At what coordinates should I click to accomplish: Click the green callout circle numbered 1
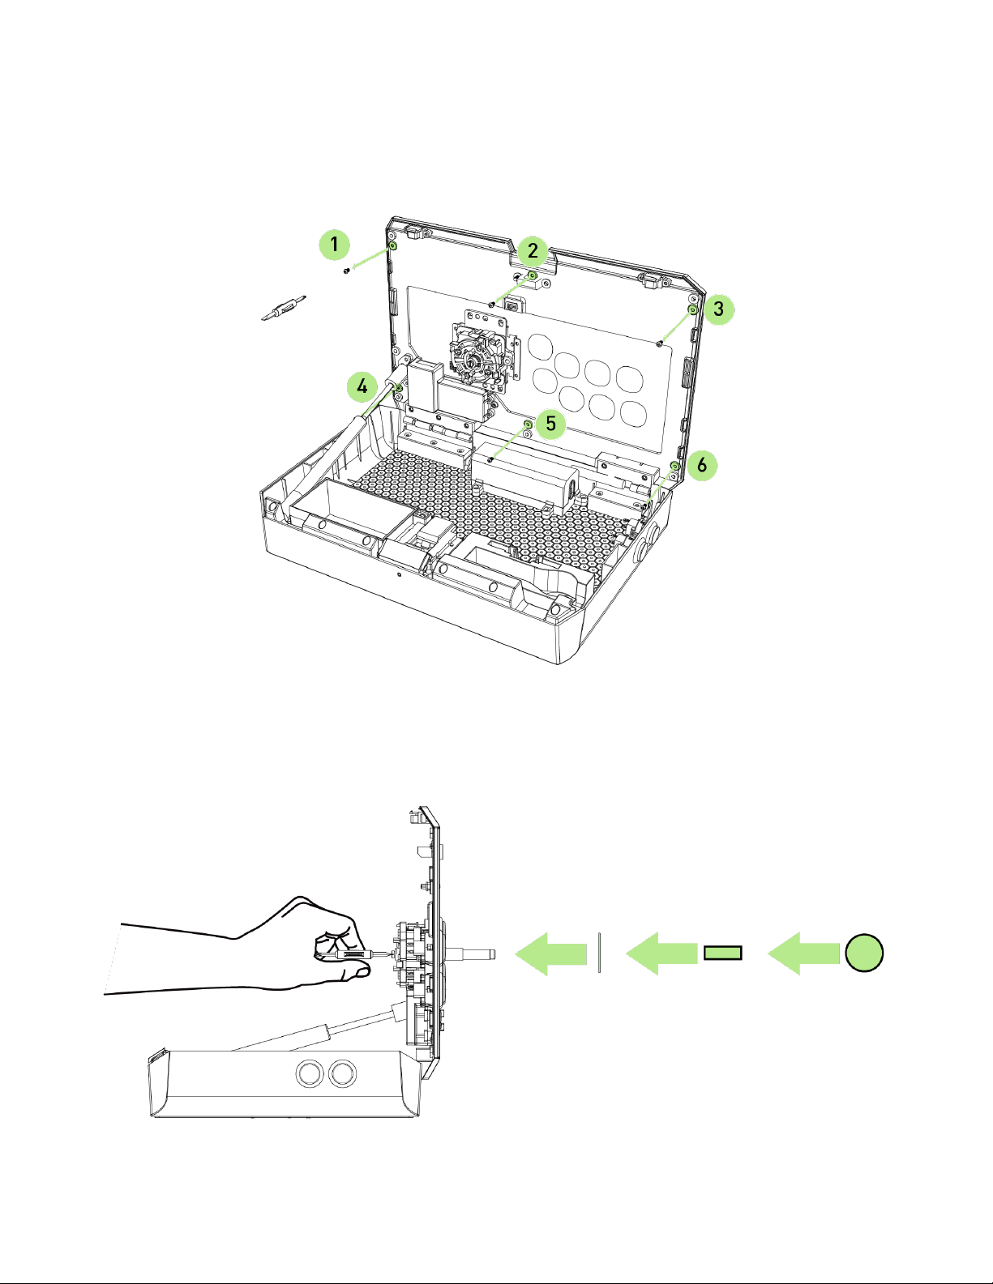coord(334,244)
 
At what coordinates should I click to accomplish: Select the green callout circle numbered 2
coord(533,250)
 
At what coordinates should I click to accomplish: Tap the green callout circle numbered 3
coord(718,309)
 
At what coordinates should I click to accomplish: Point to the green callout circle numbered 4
coord(362,386)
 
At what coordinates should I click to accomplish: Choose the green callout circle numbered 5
coord(550,423)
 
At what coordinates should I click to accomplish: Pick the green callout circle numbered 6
coord(702,465)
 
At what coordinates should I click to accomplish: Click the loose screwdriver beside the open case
coord(284,308)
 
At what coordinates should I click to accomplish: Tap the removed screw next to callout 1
coord(346,271)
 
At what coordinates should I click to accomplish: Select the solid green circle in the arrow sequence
coord(864,953)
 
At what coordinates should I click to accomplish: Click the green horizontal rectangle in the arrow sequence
coord(722,953)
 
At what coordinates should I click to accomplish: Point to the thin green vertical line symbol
coord(599,953)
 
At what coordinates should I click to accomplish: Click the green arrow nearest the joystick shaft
coord(551,953)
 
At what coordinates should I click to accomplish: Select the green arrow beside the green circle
coord(803,953)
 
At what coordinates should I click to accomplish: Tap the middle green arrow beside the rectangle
coord(661,953)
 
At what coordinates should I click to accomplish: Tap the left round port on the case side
coord(309,1073)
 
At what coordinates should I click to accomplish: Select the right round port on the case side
coord(342,1073)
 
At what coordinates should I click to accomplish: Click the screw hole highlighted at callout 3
coord(693,309)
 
